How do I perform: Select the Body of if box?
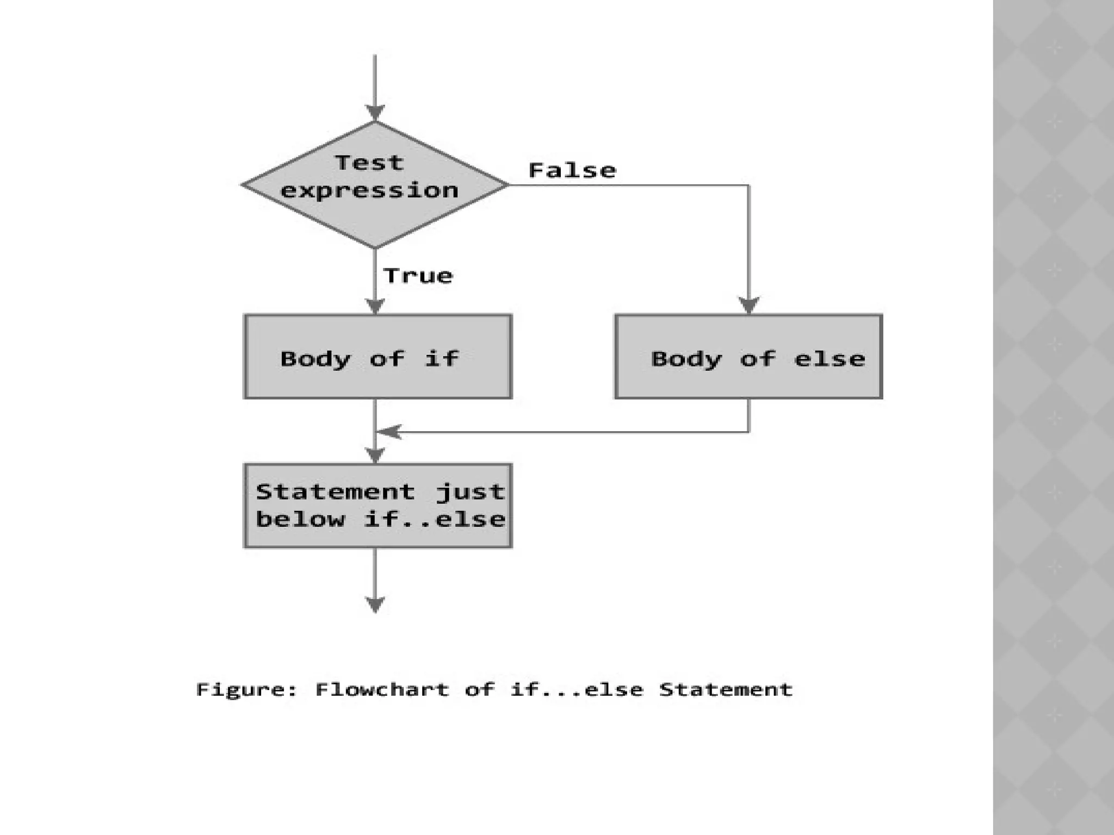pos(377,357)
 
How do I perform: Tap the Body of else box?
pos(748,357)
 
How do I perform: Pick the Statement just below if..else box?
pos(377,506)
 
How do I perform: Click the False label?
pos(572,171)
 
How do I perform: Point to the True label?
pos(418,276)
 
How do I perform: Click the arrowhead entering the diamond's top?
pos(375,113)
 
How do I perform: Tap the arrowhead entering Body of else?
pos(749,305)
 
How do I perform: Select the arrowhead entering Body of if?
pos(375,306)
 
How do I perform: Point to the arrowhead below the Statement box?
pos(375,604)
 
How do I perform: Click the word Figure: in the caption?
pos(247,690)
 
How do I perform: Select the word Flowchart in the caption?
pos(382,689)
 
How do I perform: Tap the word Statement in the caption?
pos(726,689)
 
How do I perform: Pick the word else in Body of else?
pos(829,359)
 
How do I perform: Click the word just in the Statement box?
pos(471,493)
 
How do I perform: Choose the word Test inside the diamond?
pos(369,163)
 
